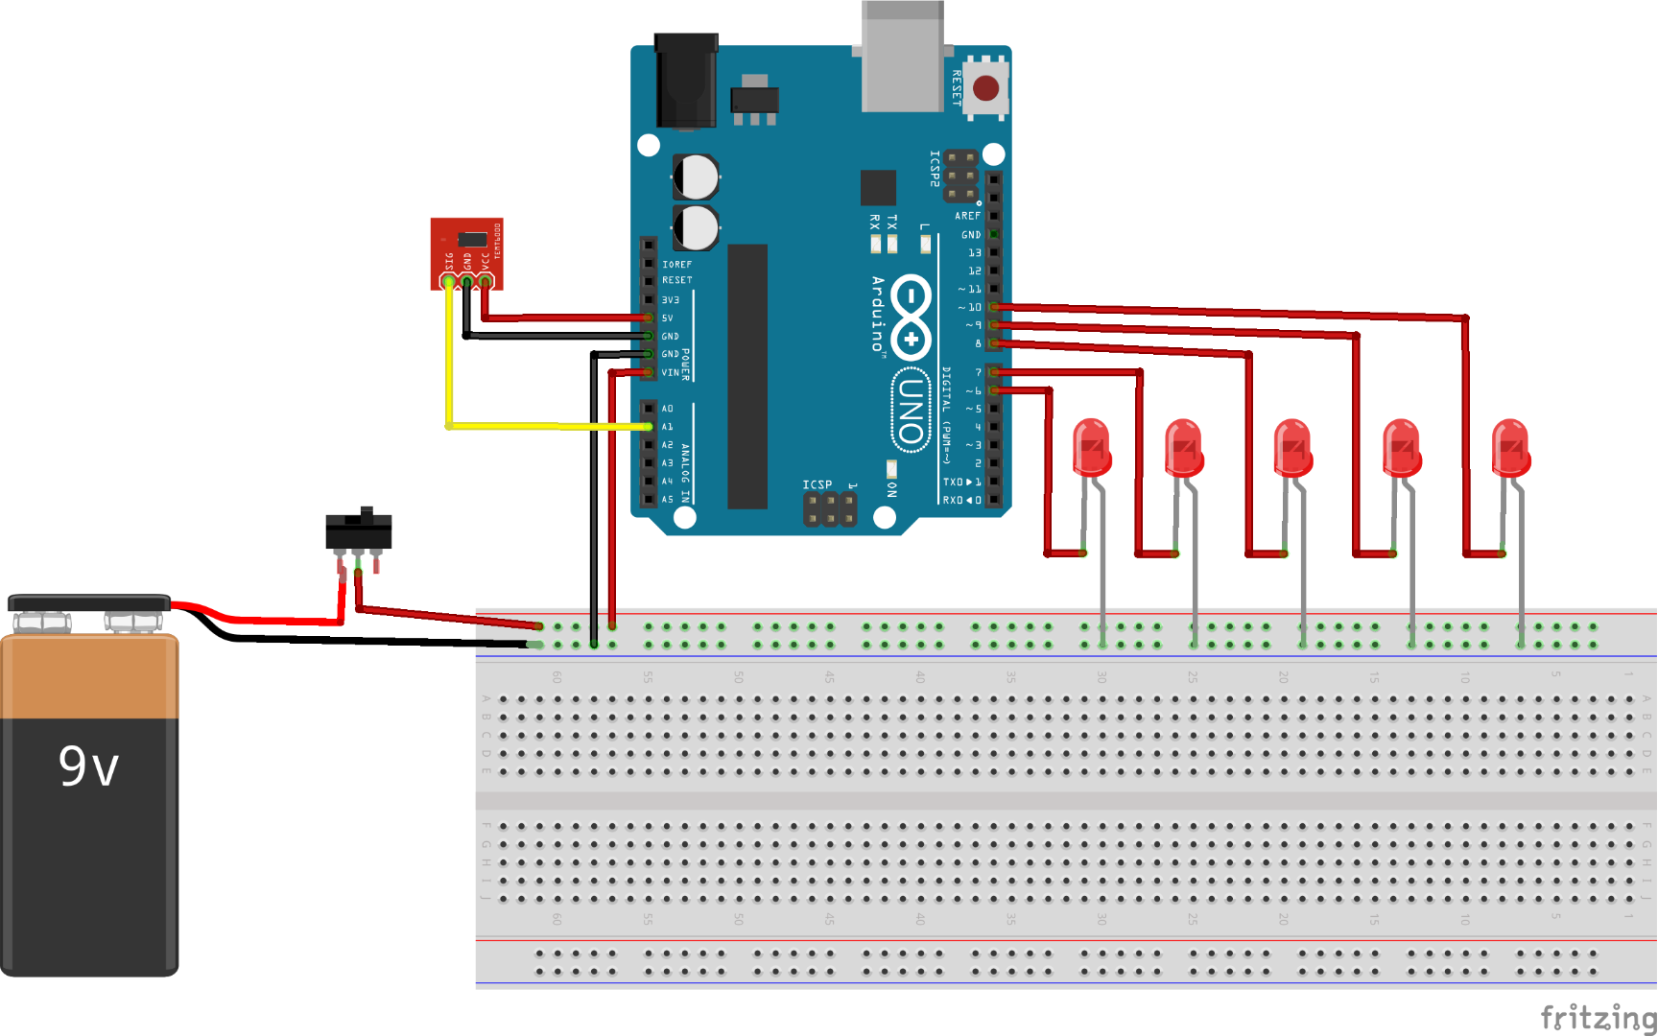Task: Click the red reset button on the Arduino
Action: click(x=985, y=88)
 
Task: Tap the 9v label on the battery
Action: click(x=88, y=765)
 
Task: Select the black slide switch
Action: click(x=359, y=531)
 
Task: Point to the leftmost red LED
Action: click(x=1092, y=448)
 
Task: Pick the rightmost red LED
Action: click(x=1511, y=448)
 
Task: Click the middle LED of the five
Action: click(x=1292, y=448)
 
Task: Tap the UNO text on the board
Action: click(x=911, y=410)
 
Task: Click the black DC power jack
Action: click(x=686, y=82)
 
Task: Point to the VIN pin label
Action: click(x=670, y=372)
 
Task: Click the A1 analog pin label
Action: click(x=667, y=427)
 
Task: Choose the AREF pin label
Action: click(x=967, y=216)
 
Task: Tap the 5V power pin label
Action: click(x=667, y=318)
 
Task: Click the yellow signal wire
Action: click(x=448, y=365)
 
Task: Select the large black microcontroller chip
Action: click(x=746, y=376)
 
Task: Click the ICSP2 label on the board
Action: click(x=935, y=168)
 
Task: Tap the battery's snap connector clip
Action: click(x=88, y=604)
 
